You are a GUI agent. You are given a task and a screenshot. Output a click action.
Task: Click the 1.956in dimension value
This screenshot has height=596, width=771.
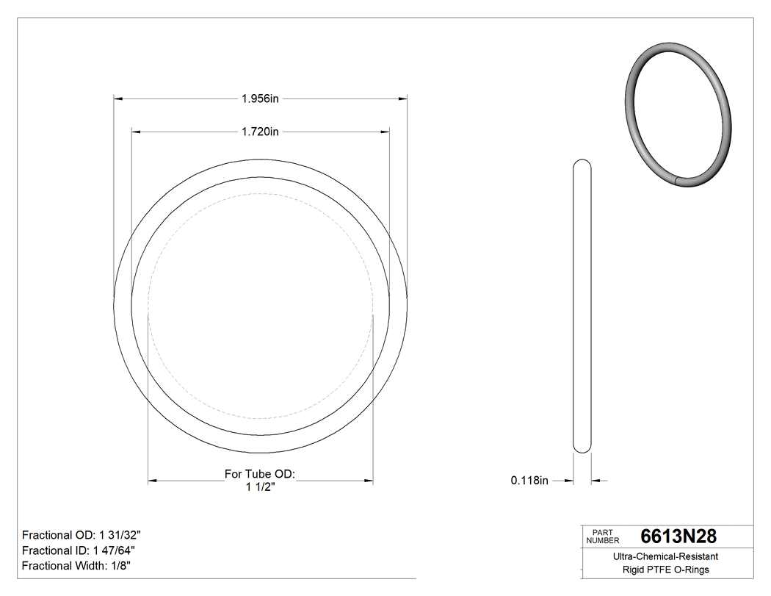pyautogui.click(x=260, y=98)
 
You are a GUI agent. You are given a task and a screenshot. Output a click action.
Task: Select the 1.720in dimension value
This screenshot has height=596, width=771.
pyautogui.click(x=260, y=132)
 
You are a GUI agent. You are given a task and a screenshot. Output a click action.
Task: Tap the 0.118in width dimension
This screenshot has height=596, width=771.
pyautogui.click(x=530, y=481)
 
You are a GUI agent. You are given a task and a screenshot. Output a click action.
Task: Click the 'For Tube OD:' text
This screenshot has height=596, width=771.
pyautogui.click(x=260, y=475)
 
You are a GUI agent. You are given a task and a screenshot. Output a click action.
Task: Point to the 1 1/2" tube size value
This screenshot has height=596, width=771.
pyautogui.click(x=260, y=487)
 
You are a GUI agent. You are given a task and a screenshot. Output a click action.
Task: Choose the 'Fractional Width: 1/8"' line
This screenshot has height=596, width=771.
pyautogui.click(x=77, y=566)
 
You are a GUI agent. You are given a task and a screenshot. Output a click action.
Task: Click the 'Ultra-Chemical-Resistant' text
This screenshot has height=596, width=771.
pyautogui.click(x=666, y=557)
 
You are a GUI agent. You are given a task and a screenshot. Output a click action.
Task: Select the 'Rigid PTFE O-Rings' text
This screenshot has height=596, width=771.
pyautogui.click(x=666, y=570)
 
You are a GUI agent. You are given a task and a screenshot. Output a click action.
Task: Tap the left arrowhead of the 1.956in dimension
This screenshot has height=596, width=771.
pyautogui.click(x=117, y=98)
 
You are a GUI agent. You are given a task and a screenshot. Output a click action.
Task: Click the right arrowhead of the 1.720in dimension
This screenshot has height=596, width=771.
pyautogui.click(x=384, y=132)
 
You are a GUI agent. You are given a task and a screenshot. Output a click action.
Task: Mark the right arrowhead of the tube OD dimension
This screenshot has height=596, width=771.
pyautogui.click(x=369, y=481)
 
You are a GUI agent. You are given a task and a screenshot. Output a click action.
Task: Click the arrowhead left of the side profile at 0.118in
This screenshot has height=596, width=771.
pyautogui.click(x=568, y=481)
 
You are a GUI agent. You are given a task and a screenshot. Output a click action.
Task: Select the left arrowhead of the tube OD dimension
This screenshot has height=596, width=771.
pyautogui.click(x=153, y=481)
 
